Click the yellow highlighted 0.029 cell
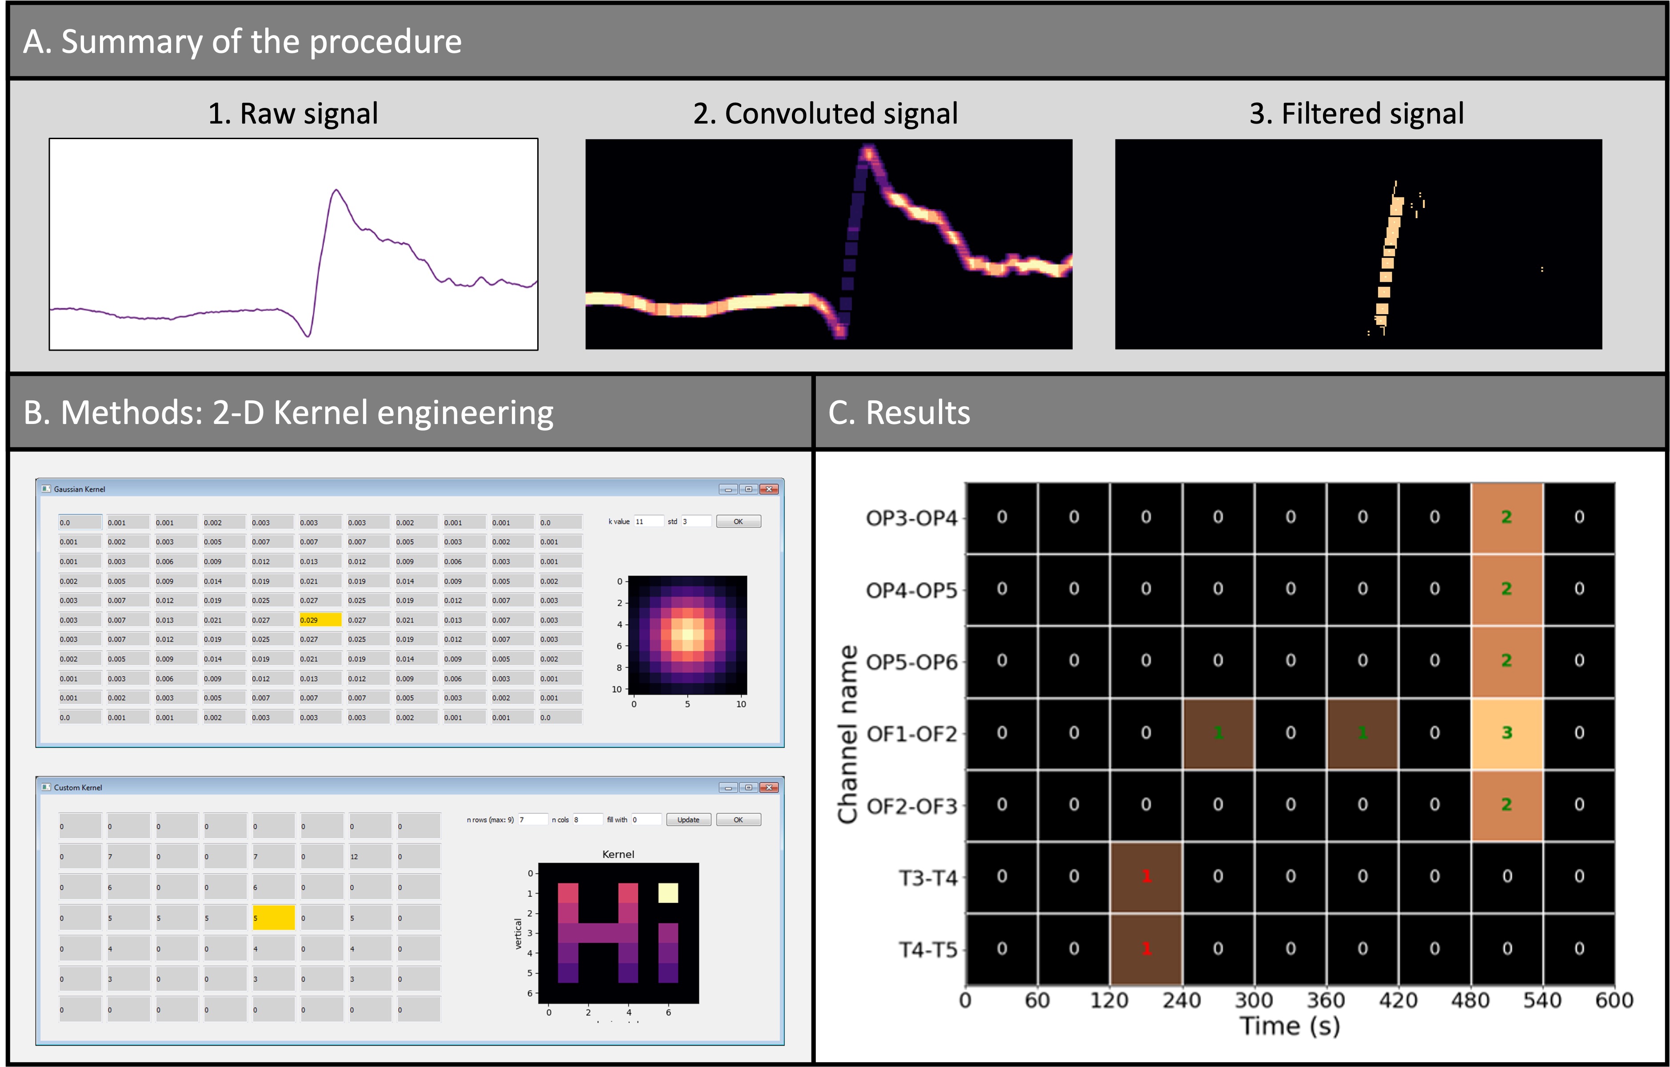[x=320, y=619]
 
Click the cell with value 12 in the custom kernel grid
[x=369, y=857]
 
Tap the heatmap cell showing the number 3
[x=1506, y=733]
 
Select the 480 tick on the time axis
[x=1470, y=1000]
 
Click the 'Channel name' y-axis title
[x=847, y=734]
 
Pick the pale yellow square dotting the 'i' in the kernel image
[x=668, y=893]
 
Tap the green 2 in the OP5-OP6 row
[x=1506, y=660]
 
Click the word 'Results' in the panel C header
[x=918, y=413]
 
